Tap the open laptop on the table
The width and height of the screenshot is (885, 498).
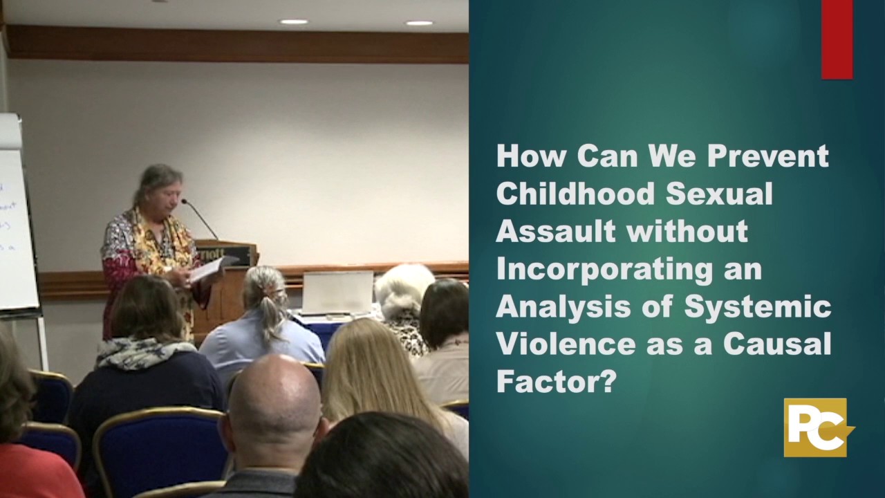pos(337,293)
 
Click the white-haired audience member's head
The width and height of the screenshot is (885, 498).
pos(404,289)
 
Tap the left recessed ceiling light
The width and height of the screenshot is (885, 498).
pos(294,22)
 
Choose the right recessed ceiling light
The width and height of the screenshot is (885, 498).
pos(419,23)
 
